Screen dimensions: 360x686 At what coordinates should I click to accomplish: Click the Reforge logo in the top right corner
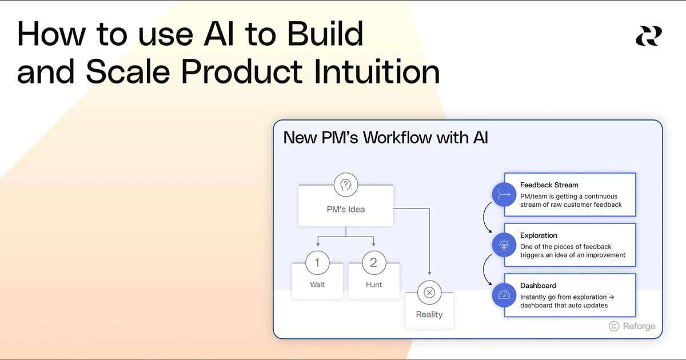[x=648, y=36]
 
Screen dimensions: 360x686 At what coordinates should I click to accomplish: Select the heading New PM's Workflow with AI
[x=386, y=138]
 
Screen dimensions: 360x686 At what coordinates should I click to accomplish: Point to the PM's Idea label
[x=345, y=209]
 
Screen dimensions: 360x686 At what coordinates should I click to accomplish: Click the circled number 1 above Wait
[x=317, y=262]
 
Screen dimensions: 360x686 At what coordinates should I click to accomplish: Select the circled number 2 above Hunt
[x=373, y=262]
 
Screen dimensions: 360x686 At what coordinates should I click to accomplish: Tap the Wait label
[x=317, y=285]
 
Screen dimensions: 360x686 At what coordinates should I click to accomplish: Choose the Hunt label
[x=374, y=285]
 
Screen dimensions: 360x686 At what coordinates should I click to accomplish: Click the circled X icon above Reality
[x=429, y=293]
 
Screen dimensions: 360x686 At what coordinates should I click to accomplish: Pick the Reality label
[x=429, y=314]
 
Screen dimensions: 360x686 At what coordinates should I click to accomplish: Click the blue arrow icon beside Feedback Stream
[x=504, y=194]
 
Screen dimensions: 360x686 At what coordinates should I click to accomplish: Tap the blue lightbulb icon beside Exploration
[x=504, y=245]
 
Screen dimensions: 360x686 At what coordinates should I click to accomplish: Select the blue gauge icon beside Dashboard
[x=504, y=295]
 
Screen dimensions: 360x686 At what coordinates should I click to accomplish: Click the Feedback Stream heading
[x=549, y=185]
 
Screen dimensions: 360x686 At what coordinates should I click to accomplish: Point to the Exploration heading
[x=539, y=235]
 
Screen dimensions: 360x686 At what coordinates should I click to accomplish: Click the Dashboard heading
[x=538, y=286]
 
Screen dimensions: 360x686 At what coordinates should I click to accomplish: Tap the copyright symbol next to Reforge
[x=614, y=326]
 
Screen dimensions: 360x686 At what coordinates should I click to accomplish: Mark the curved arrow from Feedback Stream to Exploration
[x=485, y=218]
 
